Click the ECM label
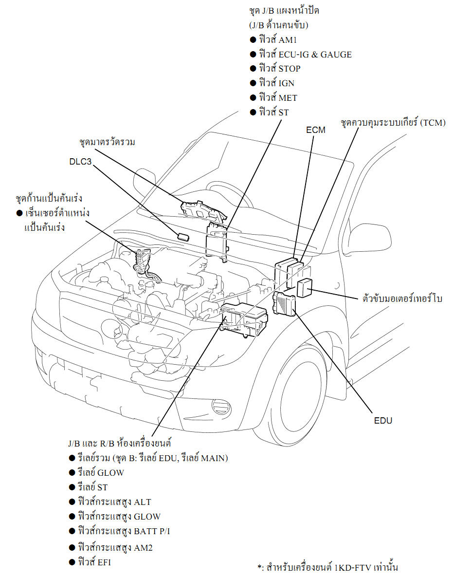pos(316,130)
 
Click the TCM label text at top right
pos(393,123)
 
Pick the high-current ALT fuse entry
pos(118,502)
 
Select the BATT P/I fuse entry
pos(124,531)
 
